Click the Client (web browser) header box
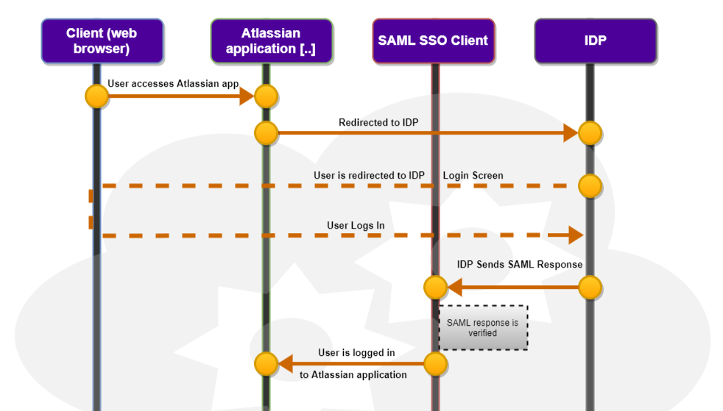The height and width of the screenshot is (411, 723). pos(102,41)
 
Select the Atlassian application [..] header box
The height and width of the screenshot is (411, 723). pos(271,41)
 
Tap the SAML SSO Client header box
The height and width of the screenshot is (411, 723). pos(433,41)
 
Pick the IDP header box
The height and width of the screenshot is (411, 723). pos(595,41)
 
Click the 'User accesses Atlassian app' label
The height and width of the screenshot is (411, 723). pos(173,84)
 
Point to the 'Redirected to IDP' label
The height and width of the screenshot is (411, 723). pos(378,122)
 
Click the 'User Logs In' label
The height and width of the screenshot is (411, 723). pos(356,225)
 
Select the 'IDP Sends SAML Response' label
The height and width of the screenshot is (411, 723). pos(520,265)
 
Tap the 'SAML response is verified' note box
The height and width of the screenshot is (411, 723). pos(483,327)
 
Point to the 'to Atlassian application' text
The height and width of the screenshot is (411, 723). pos(353,375)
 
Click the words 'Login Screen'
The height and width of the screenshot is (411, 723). pos(473,176)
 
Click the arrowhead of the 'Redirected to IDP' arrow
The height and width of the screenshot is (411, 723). pos(571,133)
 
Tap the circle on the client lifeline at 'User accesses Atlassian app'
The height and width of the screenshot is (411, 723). pos(96,96)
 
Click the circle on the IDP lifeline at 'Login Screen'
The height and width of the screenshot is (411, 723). pos(590,186)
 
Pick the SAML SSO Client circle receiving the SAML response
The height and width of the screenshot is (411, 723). pos(435,287)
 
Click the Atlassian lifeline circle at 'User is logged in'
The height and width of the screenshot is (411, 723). pos(266,363)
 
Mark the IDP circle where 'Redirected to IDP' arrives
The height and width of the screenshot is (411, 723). pos(590,133)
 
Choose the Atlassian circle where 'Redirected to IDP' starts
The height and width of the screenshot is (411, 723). pos(266,133)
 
